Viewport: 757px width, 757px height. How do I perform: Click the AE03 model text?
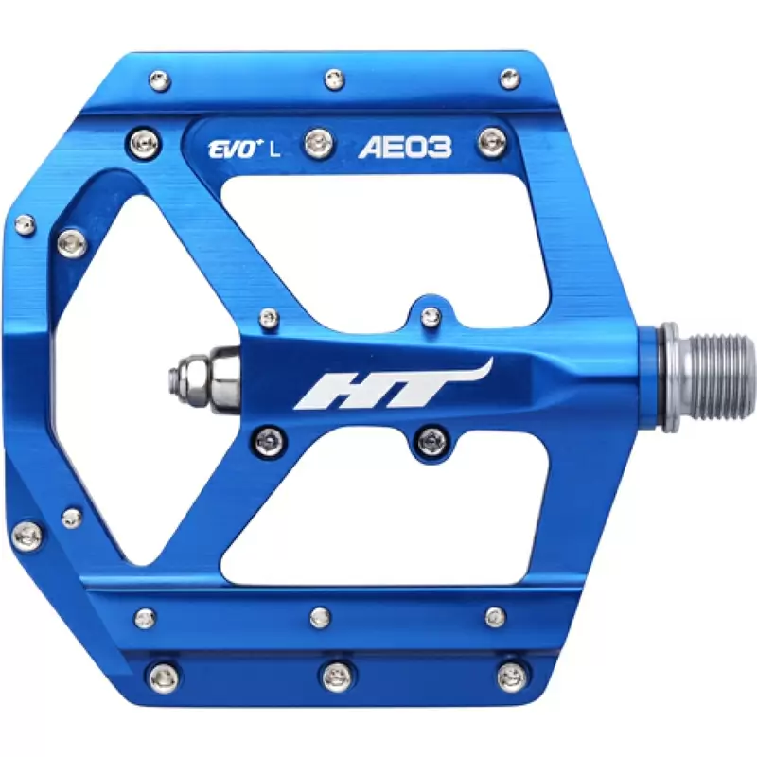[405, 148]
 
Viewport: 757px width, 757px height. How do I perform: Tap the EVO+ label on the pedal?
[232, 150]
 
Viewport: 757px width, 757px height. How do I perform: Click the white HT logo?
[394, 385]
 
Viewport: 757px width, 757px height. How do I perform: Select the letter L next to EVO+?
[274, 150]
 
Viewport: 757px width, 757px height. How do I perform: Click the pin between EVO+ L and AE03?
[319, 143]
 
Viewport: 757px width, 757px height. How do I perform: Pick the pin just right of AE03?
[493, 142]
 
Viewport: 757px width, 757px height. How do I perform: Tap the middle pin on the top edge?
[335, 79]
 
